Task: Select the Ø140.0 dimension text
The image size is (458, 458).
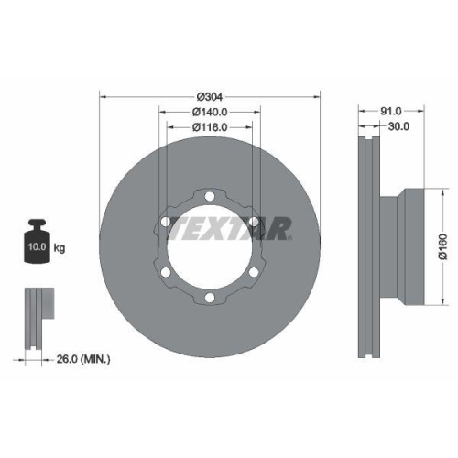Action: pos(209,113)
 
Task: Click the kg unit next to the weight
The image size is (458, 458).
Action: pos(60,248)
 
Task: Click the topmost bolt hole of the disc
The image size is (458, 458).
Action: pos(209,194)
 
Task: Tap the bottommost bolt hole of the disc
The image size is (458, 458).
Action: pos(209,298)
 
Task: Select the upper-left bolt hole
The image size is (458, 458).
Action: pos(165,221)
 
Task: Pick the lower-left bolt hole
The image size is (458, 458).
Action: pos(165,272)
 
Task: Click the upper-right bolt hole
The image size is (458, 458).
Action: pos(253,221)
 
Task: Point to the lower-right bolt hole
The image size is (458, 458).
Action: pos(253,272)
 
